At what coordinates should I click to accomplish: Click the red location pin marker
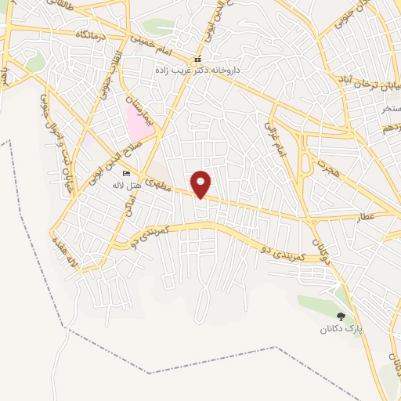point(201,183)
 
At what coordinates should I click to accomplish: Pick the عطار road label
point(381,215)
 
